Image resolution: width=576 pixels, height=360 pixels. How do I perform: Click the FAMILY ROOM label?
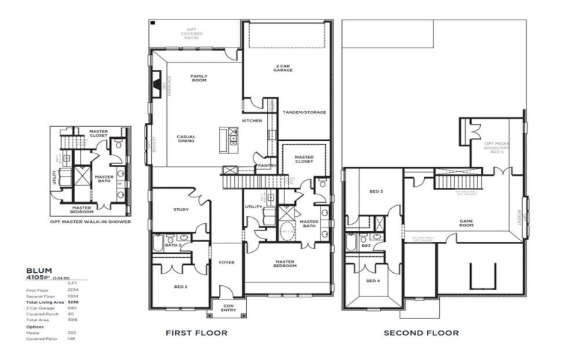pos(199,78)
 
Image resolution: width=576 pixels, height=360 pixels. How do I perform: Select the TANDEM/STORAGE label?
pos(304,112)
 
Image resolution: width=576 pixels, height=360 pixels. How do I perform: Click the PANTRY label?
pos(267,165)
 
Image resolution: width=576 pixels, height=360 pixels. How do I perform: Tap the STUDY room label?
pos(181,210)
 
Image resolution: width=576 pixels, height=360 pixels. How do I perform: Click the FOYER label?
pos(227,263)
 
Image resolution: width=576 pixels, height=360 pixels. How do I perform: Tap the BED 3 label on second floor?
pos(376,192)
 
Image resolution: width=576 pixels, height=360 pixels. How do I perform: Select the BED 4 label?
pos(372,280)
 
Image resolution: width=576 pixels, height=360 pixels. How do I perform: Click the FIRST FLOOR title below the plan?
pos(197,333)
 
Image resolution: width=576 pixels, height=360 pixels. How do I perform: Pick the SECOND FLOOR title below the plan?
pos(421,333)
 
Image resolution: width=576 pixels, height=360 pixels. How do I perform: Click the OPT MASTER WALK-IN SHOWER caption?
pos(90,222)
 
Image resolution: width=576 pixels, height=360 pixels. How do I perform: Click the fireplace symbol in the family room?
pos(156,82)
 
